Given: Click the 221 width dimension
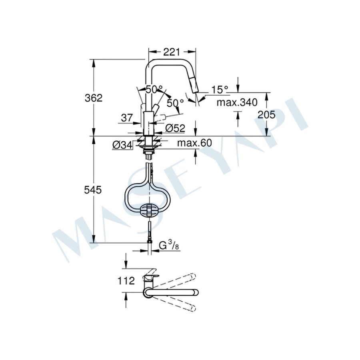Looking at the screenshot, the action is [171, 52].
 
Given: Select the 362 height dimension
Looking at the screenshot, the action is [94, 98].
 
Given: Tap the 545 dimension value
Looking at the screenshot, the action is [93, 190].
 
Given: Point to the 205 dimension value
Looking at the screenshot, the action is [266, 114].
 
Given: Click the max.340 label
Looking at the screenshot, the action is [237, 102].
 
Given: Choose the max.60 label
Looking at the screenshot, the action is [195, 143].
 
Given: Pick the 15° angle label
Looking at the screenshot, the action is [220, 89].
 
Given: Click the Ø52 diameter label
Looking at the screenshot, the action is [175, 128].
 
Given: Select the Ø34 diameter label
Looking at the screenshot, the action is [122, 145].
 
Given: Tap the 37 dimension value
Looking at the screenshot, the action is [127, 118].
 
